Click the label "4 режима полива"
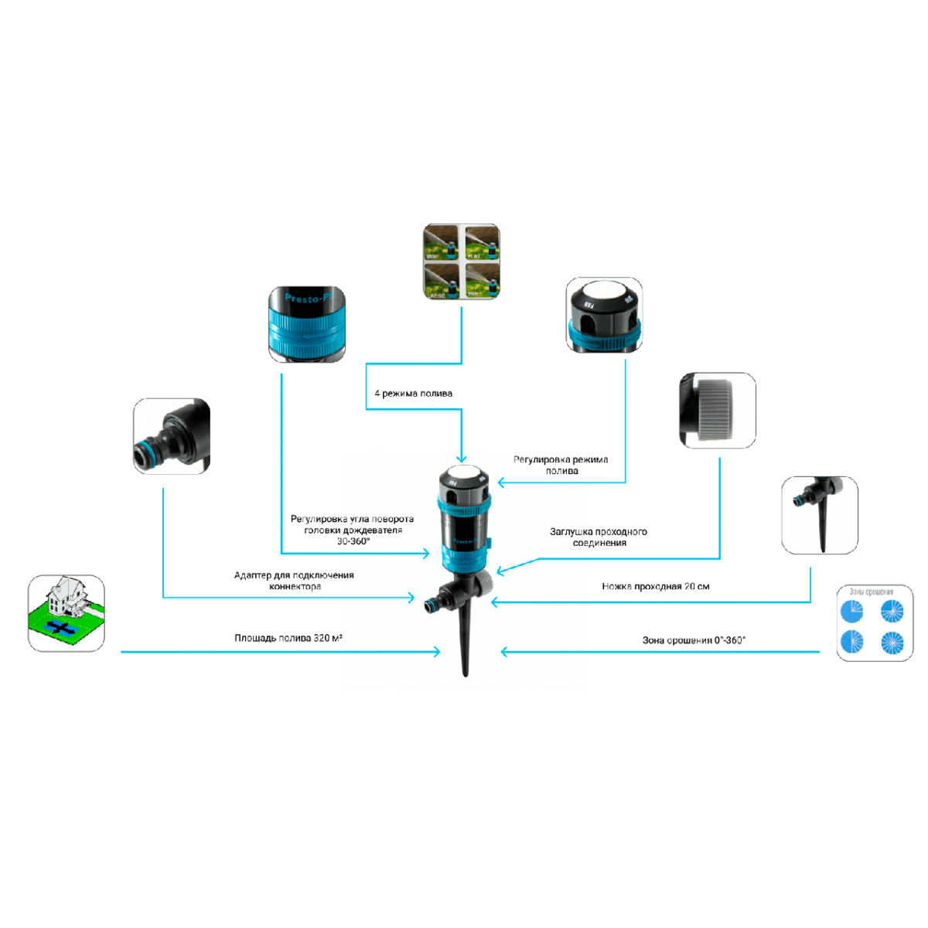click(x=413, y=394)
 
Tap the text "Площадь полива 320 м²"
click(x=288, y=638)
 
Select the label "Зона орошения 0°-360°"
click(x=694, y=640)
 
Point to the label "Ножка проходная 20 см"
click(x=655, y=586)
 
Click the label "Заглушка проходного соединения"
click(x=599, y=537)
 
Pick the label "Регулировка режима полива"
click(x=561, y=465)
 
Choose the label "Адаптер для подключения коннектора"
click(x=294, y=581)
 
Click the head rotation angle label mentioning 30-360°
click(x=352, y=530)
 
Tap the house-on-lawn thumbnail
click(x=67, y=613)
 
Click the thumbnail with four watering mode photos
click(x=462, y=262)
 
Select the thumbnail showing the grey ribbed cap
click(x=717, y=410)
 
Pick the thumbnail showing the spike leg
click(x=820, y=515)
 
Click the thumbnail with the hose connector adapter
click(x=172, y=436)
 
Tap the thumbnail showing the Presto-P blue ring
click(x=307, y=324)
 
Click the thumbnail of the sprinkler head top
click(x=604, y=315)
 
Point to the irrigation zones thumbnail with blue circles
click(x=875, y=623)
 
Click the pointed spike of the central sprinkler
click(x=465, y=657)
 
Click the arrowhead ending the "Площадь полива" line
click(x=437, y=652)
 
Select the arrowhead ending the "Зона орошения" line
click(x=505, y=652)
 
